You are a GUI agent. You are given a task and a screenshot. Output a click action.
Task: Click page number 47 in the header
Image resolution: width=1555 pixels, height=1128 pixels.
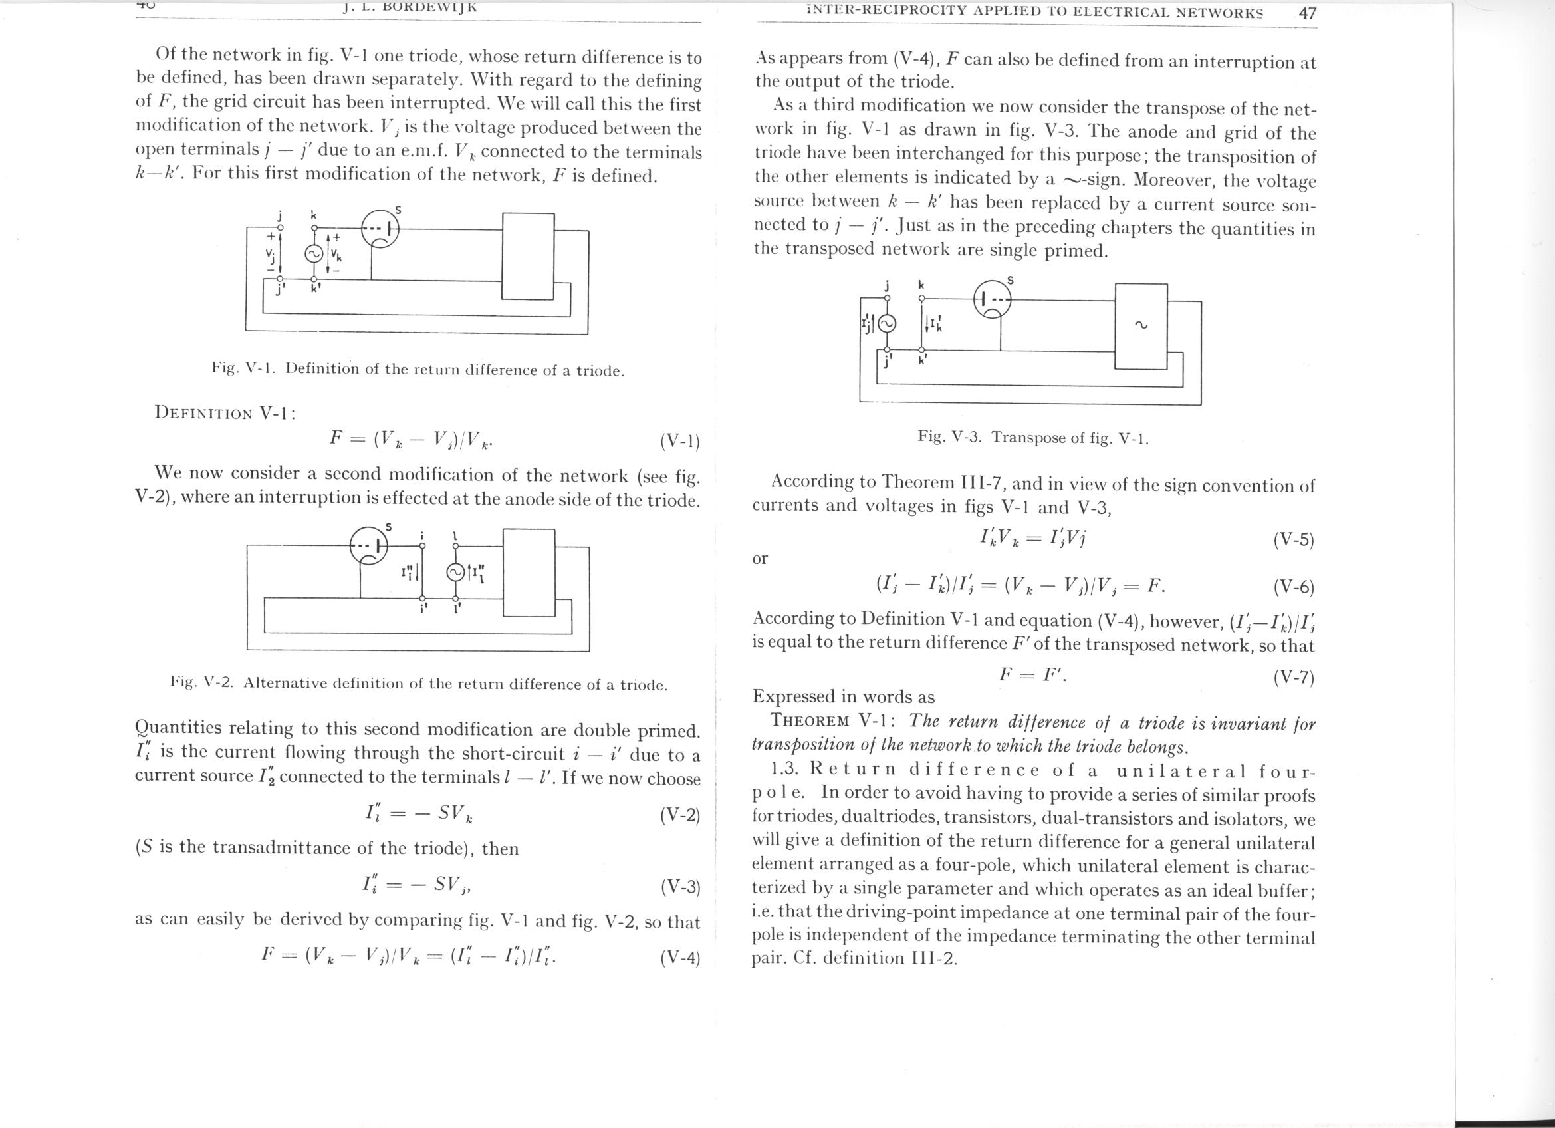[x=1307, y=13]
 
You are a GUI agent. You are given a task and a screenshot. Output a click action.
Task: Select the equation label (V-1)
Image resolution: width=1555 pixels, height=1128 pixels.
[x=679, y=441]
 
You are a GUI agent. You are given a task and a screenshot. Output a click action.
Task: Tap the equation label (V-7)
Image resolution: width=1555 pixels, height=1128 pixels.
[x=1293, y=678]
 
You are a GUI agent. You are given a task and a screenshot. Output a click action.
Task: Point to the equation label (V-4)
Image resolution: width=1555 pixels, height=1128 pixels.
[x=679, y=958]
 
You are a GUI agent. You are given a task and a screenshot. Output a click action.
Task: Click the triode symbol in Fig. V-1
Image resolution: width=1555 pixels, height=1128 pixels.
[x=380, y=229]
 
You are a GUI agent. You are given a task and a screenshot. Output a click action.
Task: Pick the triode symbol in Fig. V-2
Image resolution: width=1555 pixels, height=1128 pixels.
[x=369, y=547]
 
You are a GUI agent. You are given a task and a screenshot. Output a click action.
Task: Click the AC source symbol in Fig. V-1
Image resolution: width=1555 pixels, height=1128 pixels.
[x=313, y=253]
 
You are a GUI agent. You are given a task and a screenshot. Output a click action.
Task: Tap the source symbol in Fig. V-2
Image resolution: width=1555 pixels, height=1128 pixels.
[x=455, y=573]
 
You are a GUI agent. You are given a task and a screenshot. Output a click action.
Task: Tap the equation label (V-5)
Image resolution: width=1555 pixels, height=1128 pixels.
[x=1293, y=540]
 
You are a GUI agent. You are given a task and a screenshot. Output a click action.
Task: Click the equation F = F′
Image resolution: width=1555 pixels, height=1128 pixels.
[x=1032, y=676]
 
